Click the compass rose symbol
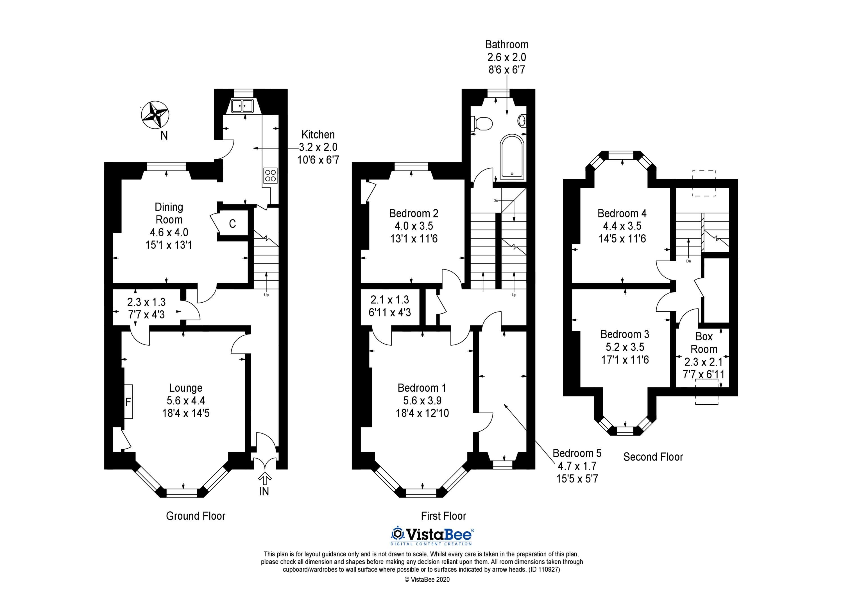tap(155, 115)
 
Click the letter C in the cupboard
tap(232, 224)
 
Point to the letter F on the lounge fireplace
tap(128, 402)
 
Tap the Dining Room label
tap(169, 213)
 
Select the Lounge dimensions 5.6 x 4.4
tap(186, 401)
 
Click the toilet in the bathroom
tap(482, 123)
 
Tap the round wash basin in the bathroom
tap(522, 120)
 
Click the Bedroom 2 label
tap(414, 213)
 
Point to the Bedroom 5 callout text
tap(577, 466)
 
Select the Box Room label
tap(704, 343)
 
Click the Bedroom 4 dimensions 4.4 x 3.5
tap(622, 226)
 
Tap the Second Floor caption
tap(653, 457)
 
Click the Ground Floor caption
tap(196, 516)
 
